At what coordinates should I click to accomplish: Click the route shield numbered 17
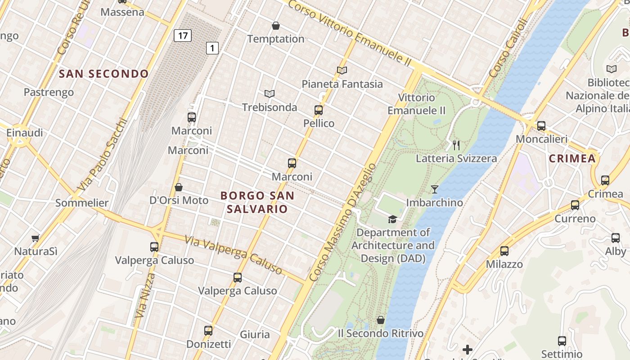pos(183,35)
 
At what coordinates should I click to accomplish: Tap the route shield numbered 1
pos(212,48)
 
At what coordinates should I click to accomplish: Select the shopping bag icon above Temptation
pos(276,26)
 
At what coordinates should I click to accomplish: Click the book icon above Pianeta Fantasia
pos(342,71)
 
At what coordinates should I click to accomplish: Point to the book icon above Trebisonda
pos(270,94)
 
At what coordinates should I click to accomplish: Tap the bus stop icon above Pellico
pos(319,110)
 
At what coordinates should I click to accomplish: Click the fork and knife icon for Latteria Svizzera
pos(456,145)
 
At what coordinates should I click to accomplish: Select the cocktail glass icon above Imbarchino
pos(434,189)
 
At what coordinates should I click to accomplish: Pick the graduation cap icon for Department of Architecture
pos(393,219)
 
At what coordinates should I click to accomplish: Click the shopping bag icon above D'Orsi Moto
pos(179,187)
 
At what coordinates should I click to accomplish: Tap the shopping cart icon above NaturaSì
pos(36,238)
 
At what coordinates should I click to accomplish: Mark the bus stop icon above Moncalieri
pos(541,126)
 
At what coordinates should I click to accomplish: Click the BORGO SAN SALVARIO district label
pos(257,202)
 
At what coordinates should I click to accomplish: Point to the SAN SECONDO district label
pos(104,74)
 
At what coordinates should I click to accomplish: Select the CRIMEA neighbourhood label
pos(572,158)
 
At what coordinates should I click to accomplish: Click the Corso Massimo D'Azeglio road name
pos(342,222)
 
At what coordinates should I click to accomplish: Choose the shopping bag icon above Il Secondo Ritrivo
pos(381,320)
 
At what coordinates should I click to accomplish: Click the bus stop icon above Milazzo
pos(504,251)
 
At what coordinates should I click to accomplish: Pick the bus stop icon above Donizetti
pos(208,331)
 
